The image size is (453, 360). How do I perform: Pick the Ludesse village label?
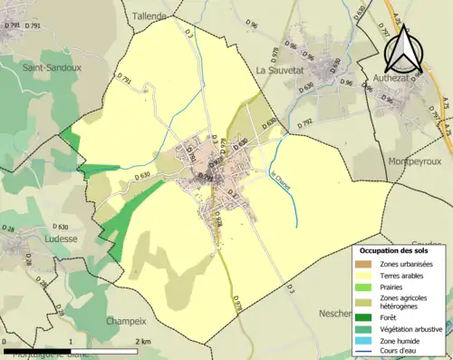click(x=60, y=239)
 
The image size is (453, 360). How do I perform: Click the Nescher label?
click(x=336, y=313)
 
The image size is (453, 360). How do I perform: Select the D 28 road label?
click(x=9, y=231)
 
